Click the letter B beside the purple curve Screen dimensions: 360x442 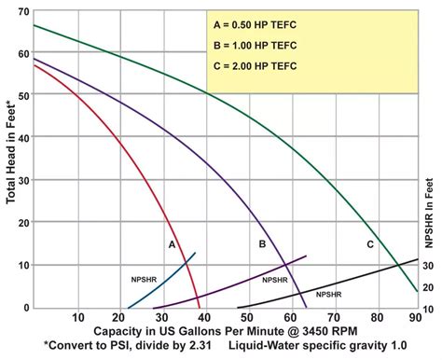tap(263, 243)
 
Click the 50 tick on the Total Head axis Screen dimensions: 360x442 tap(22, 94)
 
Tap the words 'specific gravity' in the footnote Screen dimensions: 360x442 tap(337, 347)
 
